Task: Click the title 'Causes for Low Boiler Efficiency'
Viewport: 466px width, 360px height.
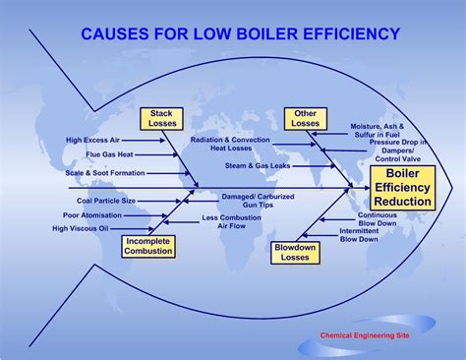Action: [240, 34]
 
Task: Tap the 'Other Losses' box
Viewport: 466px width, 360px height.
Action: [305, 119]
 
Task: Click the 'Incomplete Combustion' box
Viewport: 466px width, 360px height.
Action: [148, 246]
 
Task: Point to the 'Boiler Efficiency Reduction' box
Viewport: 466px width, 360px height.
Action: [402, 188]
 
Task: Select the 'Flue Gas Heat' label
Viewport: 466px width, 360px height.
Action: [109, 155]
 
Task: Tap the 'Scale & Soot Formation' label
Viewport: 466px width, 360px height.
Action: [105, 173]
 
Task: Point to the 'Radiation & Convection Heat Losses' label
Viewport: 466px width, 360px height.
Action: [231, 144]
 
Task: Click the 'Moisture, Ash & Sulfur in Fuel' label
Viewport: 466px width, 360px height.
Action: [378, 132]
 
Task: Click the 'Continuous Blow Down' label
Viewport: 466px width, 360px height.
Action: [378, 219]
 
